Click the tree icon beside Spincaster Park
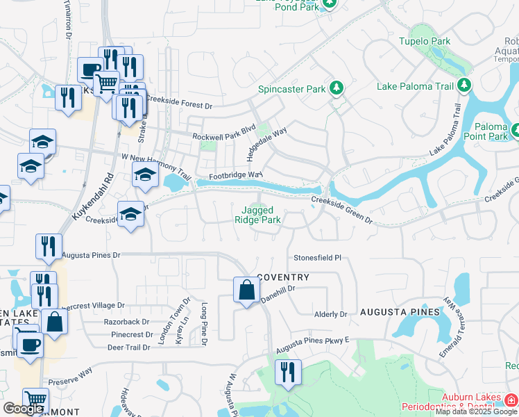click(337, 88)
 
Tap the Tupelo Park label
click(424, 42)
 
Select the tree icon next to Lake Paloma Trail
click(464, 86)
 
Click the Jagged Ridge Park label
click(261, 215)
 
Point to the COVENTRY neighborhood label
click(283, 277)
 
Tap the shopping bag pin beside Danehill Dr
click(247, 290)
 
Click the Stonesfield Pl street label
click(318, 257)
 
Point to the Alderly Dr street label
click(330, 314)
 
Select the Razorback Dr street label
click(126, 322)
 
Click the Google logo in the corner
click(23, 409)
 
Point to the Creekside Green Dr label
click(341, 210)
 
